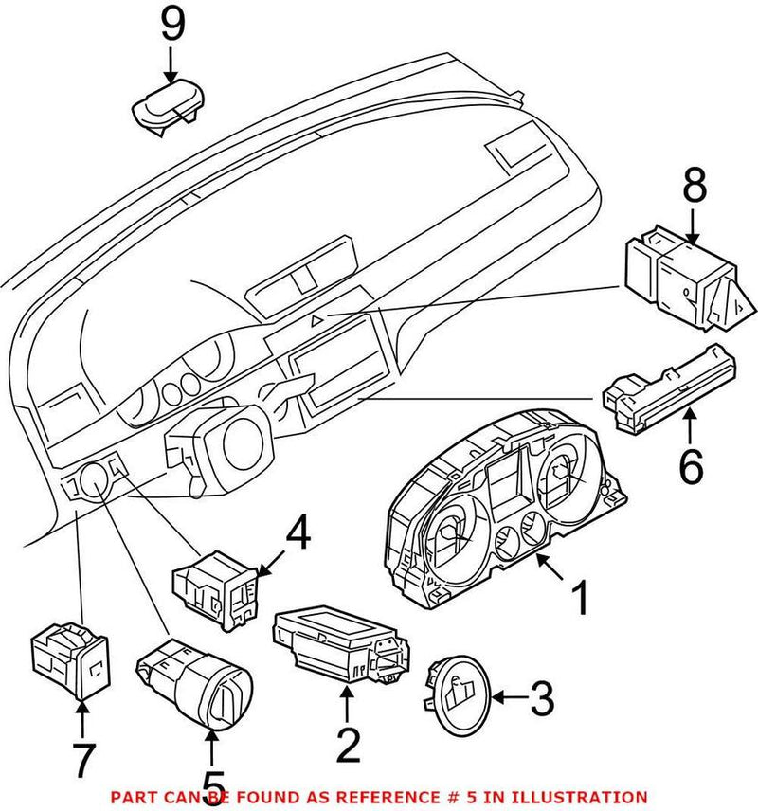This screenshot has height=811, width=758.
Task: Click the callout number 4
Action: pyautogui.click(x=298, y=536)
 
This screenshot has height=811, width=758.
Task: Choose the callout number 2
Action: pyautogui.click(x=348, y=746)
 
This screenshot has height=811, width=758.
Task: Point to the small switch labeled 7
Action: pyautogui.click(x=69, y=661)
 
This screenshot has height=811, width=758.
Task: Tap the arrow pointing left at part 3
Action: pyautogui.click(x=508, y=700)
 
